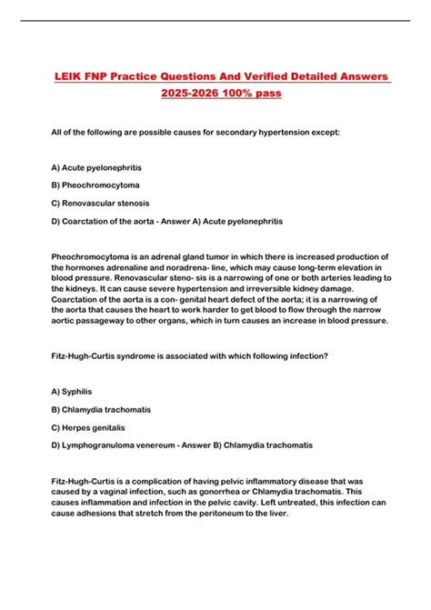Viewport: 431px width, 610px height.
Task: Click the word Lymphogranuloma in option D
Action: point(100,445)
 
